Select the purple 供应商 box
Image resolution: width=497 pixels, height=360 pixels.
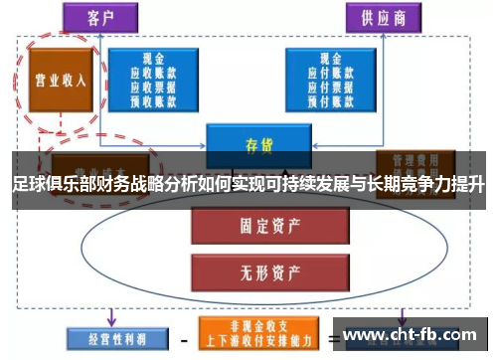pos(381,17)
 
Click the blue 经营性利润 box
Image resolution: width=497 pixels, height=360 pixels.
pos(107,335)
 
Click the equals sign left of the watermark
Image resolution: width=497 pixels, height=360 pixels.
pos(333,336)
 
